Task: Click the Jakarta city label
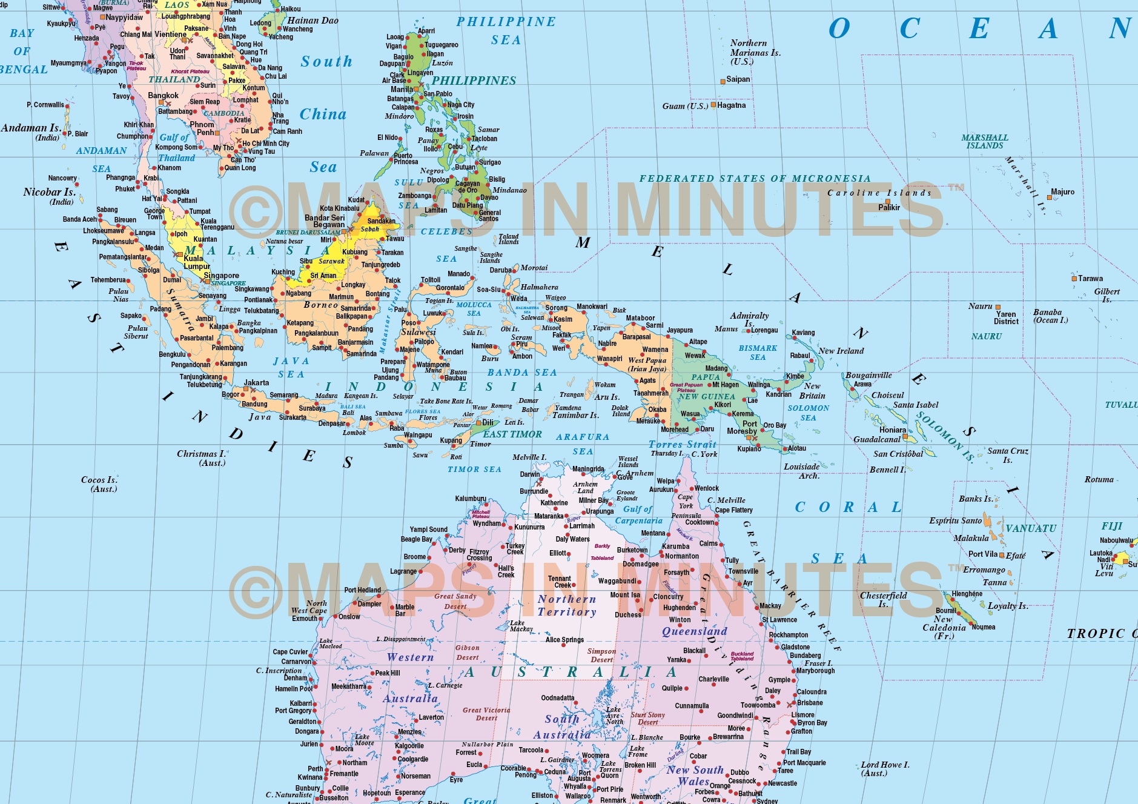256,383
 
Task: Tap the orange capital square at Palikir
888,201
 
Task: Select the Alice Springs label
564,640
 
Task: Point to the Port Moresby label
742,428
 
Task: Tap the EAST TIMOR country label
512,434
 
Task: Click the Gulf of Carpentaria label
638,515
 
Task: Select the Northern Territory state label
567,605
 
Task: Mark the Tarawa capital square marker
1074,279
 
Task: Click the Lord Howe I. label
885,768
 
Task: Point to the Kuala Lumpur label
197,262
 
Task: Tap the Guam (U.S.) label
685,106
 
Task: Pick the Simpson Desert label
601,656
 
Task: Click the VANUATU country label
1031,528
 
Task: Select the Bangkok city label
164,96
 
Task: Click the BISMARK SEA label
758,353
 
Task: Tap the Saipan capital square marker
723,81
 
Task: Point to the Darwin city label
530,474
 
